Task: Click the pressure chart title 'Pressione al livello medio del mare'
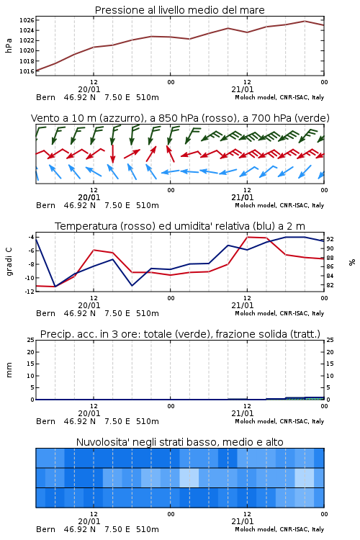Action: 179,10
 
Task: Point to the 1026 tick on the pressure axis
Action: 27,20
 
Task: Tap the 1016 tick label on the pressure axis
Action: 27,71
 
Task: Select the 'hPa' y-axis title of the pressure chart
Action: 9,45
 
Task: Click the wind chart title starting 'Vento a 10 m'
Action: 180,118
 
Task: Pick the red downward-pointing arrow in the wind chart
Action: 112,153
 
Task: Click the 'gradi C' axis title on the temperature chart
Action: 9,262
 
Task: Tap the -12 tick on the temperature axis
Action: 30,291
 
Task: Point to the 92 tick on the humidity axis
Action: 330,239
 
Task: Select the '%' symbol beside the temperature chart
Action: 352,262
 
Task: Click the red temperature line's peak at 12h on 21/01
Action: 248,238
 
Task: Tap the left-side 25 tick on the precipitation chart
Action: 31,340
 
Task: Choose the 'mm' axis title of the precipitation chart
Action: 9,370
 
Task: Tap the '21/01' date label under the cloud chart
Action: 243,521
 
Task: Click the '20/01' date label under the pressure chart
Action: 89,89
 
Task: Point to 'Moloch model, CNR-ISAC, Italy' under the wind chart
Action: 279,205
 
